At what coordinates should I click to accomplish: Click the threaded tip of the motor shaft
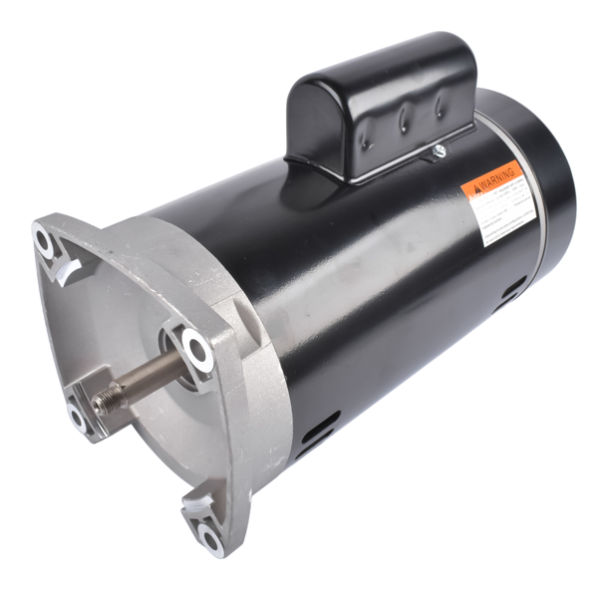pyautogui.click(x=104, y=405)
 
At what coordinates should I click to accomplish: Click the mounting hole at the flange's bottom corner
pyautogui.click(x=210, y=539)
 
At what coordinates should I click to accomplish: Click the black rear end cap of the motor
pyautogui.click(x=543, y=179)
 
